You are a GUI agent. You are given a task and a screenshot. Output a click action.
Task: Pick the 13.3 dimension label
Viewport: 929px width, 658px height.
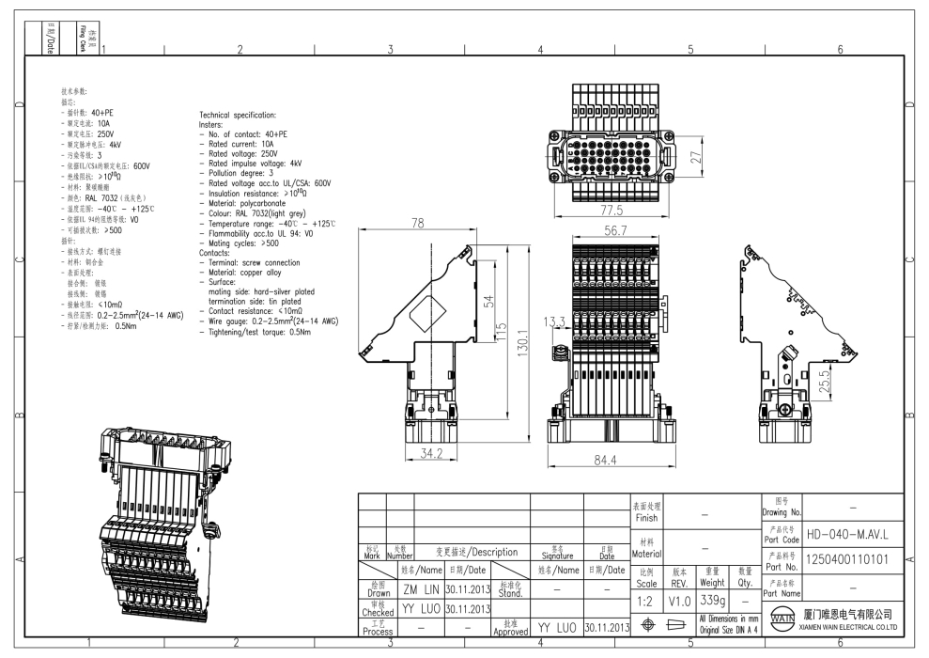(x=554, y=321)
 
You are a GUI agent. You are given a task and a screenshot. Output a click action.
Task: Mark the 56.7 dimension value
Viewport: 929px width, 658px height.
(x=616, y=230)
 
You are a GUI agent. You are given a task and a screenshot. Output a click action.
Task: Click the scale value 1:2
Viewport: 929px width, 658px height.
(x=645, y=601)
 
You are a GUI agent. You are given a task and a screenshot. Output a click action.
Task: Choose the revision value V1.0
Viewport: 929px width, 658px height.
(x=679, y=601)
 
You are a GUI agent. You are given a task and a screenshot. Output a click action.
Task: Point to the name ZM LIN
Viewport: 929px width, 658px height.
(x=422, y=588)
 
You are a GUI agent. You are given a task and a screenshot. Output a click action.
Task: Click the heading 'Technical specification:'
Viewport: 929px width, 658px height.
(x=238, y=114)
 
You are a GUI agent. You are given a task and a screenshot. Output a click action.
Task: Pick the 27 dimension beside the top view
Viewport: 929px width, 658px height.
(x=696, y=158)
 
